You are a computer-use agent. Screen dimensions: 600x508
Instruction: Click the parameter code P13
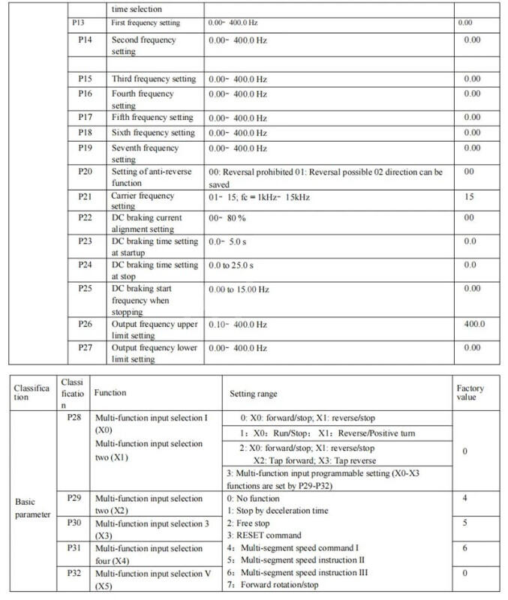(x=86, y=23)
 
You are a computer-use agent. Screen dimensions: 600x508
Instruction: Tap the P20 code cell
(x=86, y=172)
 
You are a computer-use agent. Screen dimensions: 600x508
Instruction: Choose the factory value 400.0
(x=473, y=324)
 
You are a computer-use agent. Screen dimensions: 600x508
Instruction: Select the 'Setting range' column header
(x=253, y=393)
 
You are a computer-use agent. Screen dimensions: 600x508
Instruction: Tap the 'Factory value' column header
(x=470, y=394)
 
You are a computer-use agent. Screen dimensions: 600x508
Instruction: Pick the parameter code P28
(x=74, y=415)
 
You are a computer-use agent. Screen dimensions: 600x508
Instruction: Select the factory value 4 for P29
(x=465, y=498)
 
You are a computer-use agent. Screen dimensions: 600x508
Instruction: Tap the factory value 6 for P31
(x=465, y=549)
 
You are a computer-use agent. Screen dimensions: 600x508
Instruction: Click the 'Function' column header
(x=110, y=392)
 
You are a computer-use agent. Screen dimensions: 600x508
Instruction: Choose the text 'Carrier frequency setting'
(x=143, y=200)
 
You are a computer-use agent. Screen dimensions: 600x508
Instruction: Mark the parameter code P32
(x=74, y=574)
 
